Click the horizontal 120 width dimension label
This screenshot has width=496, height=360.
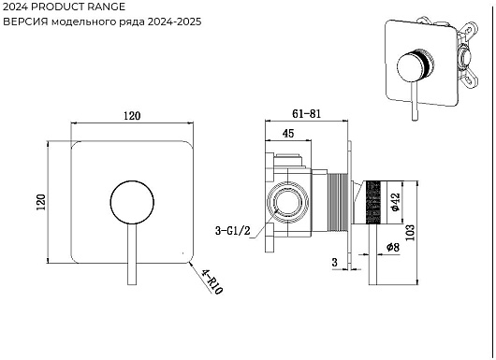point(132,115)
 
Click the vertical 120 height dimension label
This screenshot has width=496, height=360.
point(41,202)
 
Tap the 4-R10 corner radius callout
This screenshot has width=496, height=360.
point(212,281)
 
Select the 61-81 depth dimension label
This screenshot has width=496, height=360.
point(306,113)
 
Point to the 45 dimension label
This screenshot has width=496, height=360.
point(288,134)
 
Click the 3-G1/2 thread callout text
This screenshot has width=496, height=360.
point(232,230)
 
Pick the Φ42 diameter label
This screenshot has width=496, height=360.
point(396,202)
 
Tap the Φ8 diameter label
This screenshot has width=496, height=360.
point(393,247)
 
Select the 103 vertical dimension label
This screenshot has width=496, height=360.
point(410,233)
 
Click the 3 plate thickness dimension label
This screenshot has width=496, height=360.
point(335,262)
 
